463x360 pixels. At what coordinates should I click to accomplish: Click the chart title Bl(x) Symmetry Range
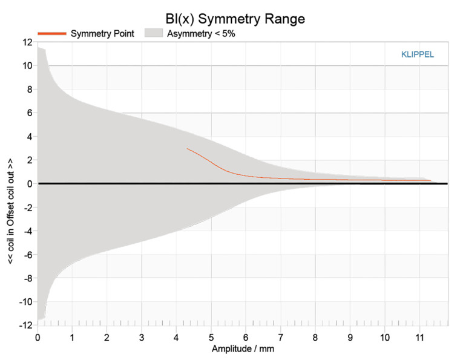pyautogui.click(x=235, y=19)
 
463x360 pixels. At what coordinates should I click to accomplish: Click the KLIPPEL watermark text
pyautogui.click(x=418, y=54)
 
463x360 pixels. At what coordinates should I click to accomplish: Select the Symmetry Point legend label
pyautogui.click(x=102, y=34)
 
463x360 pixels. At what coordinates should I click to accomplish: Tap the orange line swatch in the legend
pyautogui.click(x=51, y=34)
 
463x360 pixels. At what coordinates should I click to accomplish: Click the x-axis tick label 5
pyautogui.click(x=211, y=336)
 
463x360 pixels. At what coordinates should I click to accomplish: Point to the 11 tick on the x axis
pyautogui.click(x=419, y=336)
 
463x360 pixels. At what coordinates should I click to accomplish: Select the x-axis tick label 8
pyautogui.click(x=315, y=336)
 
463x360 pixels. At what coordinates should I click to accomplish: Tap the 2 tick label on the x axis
pyautogui.click(x=107, y=336)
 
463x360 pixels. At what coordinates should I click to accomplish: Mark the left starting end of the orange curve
pyautogui.click(x=188, y=148)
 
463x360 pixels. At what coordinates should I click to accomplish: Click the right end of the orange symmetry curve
pyautogui.click(x=430, y=180)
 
